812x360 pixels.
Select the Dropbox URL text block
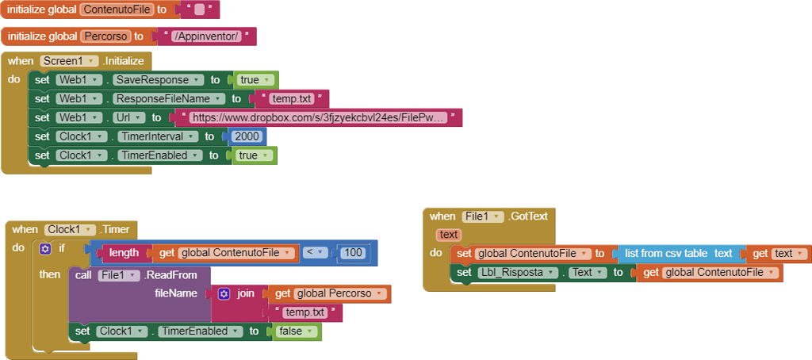click(318, 117)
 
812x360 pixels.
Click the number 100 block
click(354, 253)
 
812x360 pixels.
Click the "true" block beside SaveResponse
click(254, 80)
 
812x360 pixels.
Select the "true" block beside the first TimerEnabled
click(253, 155)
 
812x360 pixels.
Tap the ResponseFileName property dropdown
click(166, 99)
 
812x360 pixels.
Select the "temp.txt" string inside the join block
click(305, 313)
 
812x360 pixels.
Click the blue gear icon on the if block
click(45, 249)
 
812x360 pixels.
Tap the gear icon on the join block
click(224, 293)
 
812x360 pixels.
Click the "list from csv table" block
click(677, 254)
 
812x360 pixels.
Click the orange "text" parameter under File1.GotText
click(449, 235)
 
